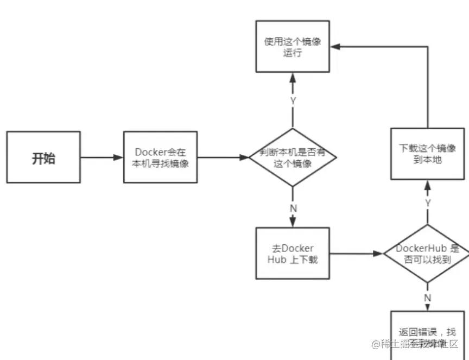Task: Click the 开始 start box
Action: coord(44,157)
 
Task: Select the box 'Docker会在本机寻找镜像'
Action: coord(160,157)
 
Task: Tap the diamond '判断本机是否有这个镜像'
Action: coord(293,157)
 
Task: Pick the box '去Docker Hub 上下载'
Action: coord(293,254)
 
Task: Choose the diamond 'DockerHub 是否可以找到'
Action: coord(427,254)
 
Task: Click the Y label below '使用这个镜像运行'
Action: coord(293,101)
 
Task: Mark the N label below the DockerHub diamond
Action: coord(427,297)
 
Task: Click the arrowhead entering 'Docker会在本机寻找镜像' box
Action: coord(119,157)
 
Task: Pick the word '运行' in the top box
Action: coord(293,53)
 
